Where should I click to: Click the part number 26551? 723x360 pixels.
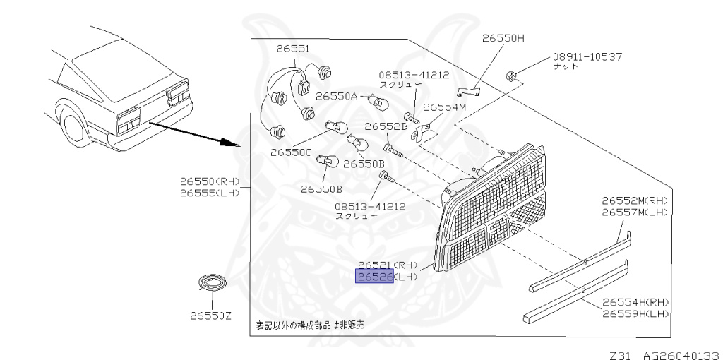pos(292,47)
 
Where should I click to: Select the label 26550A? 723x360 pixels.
pos(336,95)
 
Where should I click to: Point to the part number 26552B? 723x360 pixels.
pos(386,127)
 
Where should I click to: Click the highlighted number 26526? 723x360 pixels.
pos(374,276)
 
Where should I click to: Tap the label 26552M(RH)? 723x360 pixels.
pos(634,200)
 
